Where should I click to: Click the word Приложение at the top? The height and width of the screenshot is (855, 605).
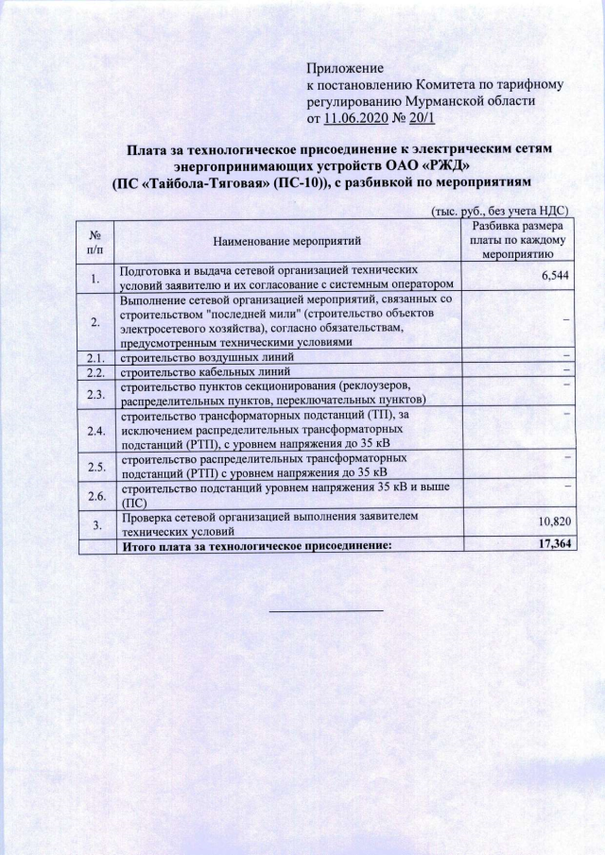[x=345, y=68]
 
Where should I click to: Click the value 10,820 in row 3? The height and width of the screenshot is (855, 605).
[x=554, y=522]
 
